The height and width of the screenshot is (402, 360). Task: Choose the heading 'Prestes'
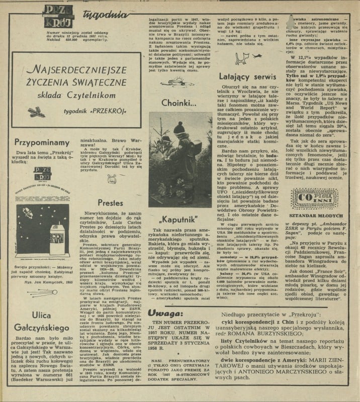point(111,203)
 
